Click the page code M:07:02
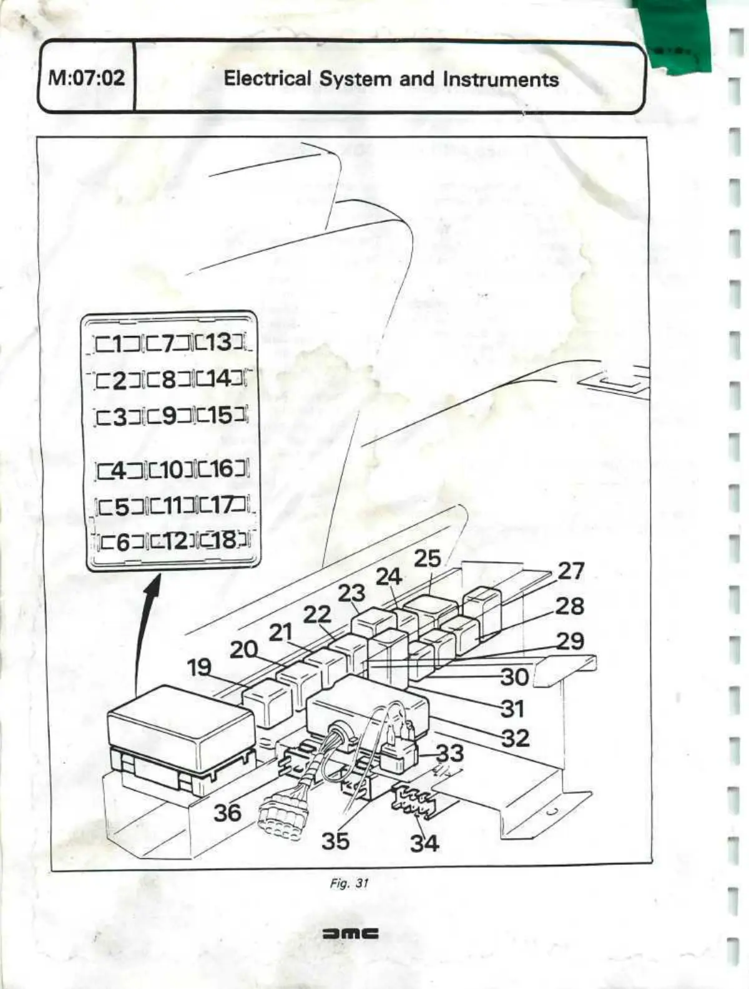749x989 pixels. click(x=86, y=78)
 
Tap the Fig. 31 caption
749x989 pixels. click(x=350, y=883)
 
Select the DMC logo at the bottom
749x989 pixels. click(x=350, y=934)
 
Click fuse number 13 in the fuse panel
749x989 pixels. click(x=218, y=342)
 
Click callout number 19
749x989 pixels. click(x=200, y=667)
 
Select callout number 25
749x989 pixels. click(x=427, y=559)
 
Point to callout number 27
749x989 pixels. click(x=570, y=570)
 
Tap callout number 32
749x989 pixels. click(x=516, y=738)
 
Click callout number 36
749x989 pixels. click(x=227, y=813)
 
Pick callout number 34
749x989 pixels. click(x=424, y=843)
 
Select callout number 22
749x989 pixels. click(x=317, y=615)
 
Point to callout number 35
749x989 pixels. click(x=335, y=841)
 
